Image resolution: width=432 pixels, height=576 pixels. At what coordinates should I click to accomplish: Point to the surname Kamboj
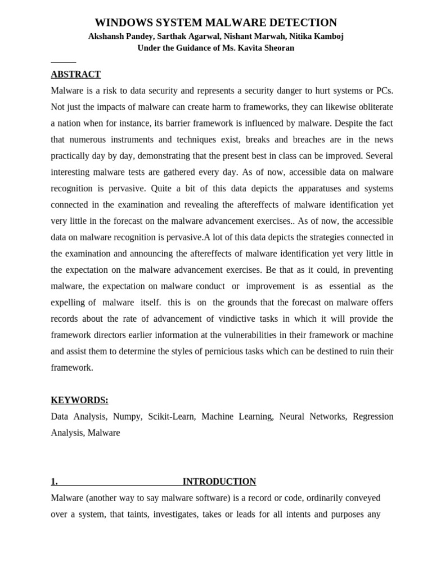326,36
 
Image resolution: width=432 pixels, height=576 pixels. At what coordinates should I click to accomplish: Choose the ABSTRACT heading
75,74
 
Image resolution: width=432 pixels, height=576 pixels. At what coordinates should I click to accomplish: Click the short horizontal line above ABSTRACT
63,62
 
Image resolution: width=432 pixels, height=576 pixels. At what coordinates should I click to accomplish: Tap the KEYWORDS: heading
79,400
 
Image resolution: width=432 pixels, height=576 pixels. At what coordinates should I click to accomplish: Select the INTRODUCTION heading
219,481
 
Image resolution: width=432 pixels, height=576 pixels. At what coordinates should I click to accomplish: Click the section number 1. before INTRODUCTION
54,481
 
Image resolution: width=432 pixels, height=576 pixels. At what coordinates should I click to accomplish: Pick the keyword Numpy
127,416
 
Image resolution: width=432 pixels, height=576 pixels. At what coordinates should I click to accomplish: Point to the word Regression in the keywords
373,416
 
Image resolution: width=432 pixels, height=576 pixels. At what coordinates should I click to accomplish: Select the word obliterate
373,107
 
